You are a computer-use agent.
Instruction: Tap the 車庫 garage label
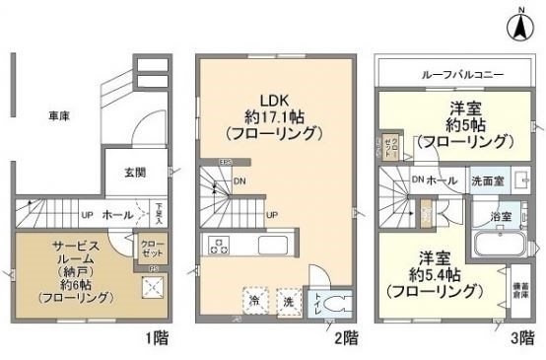[59, 115]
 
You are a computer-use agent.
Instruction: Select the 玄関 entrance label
[134, 173]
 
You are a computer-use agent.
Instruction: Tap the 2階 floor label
[345, 338]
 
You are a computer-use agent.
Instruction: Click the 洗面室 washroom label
[488, 182]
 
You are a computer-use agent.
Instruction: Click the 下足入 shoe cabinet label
[160, 212]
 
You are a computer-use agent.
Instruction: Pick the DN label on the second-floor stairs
[240, 180]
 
